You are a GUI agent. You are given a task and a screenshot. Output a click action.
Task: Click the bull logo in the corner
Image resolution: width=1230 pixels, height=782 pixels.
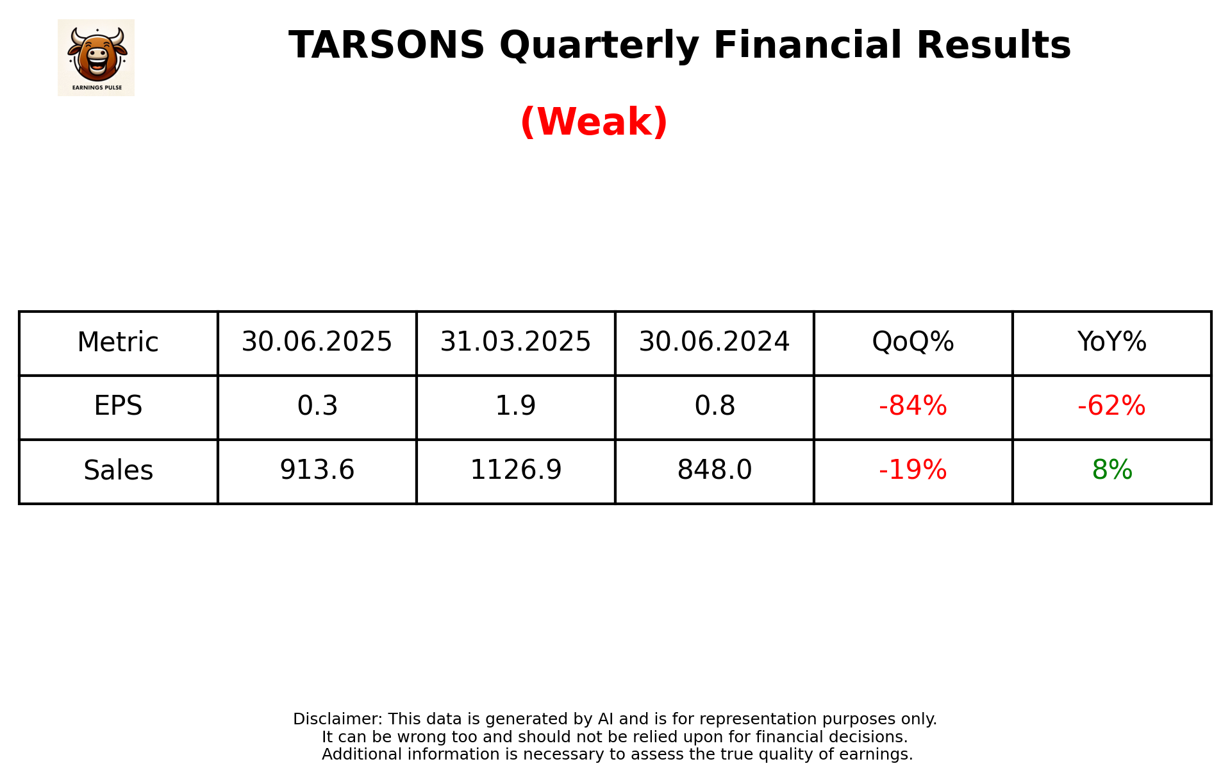96,57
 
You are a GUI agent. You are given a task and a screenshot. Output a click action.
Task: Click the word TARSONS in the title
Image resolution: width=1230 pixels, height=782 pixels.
386,46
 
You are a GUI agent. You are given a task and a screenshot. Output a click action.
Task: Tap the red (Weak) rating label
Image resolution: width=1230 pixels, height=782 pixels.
594,122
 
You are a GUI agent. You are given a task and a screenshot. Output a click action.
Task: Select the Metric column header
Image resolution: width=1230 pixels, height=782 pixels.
118,342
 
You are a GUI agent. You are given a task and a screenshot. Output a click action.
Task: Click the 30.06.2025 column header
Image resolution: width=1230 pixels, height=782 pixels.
317,342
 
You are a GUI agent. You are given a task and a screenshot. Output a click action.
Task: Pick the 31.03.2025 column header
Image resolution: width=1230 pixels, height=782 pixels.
515,342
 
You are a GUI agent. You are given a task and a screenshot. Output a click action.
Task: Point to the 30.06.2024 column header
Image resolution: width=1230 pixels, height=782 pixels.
714,342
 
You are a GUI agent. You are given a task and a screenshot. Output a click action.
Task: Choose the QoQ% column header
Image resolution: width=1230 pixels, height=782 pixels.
913,342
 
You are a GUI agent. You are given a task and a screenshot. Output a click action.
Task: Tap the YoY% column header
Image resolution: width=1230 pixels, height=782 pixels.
1111,342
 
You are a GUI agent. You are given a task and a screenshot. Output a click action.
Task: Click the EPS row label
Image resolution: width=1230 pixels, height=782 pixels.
118,406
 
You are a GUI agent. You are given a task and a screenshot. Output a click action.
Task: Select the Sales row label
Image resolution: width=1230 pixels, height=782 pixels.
118,470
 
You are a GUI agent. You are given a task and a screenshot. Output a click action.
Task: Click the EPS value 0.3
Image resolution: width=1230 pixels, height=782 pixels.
317,406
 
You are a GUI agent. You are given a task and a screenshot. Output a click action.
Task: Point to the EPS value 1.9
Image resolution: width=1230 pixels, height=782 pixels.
515,406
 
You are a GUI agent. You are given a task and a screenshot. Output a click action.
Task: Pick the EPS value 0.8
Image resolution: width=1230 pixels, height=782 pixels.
715,406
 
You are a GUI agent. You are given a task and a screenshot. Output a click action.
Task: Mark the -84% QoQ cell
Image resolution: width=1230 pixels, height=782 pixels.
913,406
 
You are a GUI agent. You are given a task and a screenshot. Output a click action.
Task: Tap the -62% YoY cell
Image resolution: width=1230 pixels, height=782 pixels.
1111,406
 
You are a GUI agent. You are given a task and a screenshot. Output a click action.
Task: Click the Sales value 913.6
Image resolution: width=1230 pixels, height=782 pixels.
317,470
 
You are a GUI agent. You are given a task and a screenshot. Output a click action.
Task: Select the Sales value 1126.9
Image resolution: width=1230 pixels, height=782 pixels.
515,470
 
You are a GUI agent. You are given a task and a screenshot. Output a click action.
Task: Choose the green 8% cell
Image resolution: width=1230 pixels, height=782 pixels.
1112,470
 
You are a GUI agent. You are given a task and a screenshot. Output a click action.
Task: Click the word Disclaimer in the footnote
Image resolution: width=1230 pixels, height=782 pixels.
337,719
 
